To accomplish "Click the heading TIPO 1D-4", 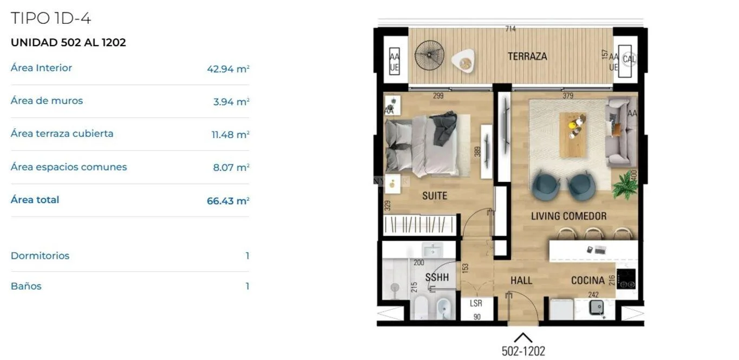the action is [x=51, y=18].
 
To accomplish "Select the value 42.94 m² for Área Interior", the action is [x=228, y=69].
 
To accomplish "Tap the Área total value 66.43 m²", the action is [x=228, y=201].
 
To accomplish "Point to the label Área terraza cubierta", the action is [x=62, y=134].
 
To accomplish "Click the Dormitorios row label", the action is [x=40, y=256].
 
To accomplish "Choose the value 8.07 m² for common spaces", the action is [x=231, y=167].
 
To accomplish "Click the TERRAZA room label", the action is [x=527, y=56].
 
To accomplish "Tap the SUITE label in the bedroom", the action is [x=435, y=195].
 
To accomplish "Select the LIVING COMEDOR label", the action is [x=568, y=216].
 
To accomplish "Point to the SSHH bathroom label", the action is [x=437, y=277].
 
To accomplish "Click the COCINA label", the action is [x=587, y=280].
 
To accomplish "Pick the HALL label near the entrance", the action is [x=521, y=280].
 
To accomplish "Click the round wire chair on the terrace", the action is [x=429, y=55].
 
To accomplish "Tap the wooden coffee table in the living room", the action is [x=573, y=135].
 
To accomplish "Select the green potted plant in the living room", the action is [x=625, y=186].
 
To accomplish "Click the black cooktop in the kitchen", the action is [x=626, y=279].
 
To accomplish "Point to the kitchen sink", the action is [x=597, y=307].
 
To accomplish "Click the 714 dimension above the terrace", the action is [x=511, y=29].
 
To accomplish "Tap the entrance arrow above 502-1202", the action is [x=523, y=338].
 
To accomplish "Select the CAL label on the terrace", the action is [x=629, y=60].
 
